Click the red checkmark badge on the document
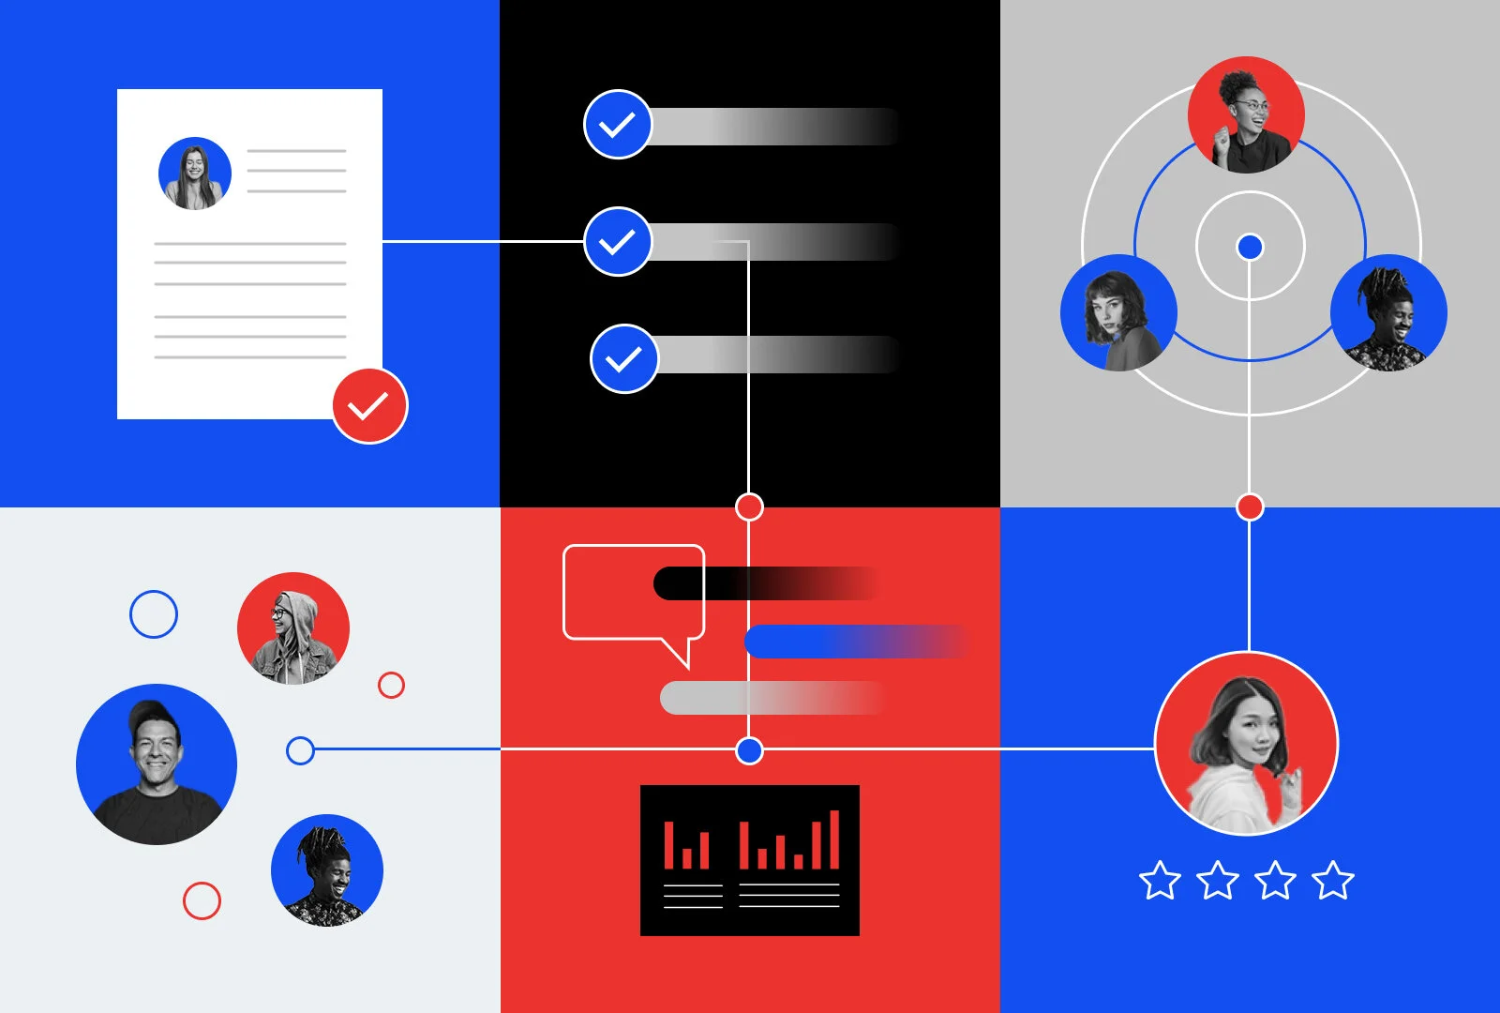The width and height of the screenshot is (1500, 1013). (x=369, y=405)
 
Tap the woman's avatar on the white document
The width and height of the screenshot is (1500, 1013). (x=195, y=174)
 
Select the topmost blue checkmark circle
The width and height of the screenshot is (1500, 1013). (x=618, y=125)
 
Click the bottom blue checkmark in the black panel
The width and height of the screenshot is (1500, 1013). (x=624, y=359)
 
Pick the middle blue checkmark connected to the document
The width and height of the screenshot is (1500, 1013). (x=618, y=242)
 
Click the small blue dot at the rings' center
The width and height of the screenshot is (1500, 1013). (x=1250, y=247)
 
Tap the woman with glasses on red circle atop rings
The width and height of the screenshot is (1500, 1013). (x=1246, y=114)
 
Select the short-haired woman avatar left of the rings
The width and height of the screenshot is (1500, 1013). (x=1118, y=313)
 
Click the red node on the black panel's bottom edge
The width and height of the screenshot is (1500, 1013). (x=749, y=507)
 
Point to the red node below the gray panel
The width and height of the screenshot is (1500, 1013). (x=1250, y=507)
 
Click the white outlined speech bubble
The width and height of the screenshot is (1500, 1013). (x=633, y=596)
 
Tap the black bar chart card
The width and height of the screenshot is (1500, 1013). (x=750, y=860)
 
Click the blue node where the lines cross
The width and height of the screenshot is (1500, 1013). (x=749, y=750)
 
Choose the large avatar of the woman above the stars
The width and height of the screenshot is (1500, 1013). (x=1247, y=744)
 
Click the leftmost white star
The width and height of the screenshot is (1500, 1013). (x=1160, y=881)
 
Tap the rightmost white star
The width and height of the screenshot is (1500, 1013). (x=1333, y=881)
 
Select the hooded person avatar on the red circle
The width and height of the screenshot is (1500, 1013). (x=293, y=628)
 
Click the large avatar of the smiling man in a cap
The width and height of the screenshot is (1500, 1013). (x=157, y=764)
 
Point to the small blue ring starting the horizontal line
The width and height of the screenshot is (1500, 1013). (x=300, y=750)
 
